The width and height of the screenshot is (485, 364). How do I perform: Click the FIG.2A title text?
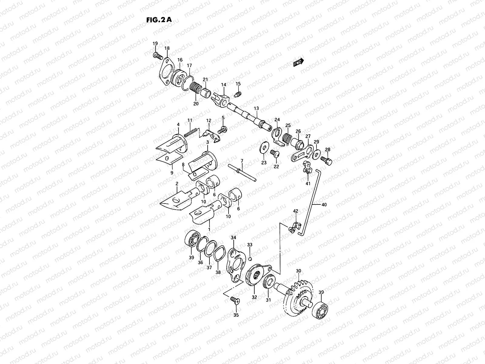click(159, 20)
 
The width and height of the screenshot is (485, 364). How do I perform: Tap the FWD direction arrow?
click(298, 62)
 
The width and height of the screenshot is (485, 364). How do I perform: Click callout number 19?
click(155, 44)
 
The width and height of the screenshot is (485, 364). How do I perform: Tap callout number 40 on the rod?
click(324, 205)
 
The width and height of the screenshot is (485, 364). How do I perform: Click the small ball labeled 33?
click(250, 259)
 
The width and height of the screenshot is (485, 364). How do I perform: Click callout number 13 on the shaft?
click(256, 108)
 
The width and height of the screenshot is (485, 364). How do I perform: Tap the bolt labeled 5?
click(223, 130)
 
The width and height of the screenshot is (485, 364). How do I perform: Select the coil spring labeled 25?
click(286, 138)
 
